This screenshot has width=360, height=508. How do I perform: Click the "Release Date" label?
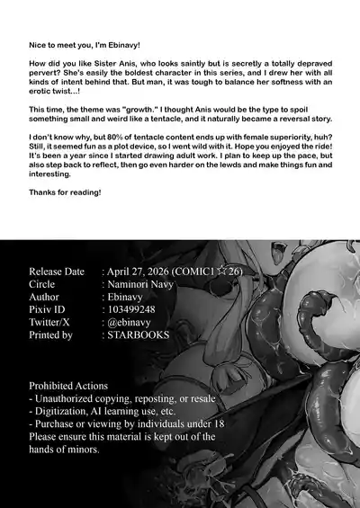(x=57, y=272)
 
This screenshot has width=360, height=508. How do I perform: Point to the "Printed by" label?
(x=51, y=334)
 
